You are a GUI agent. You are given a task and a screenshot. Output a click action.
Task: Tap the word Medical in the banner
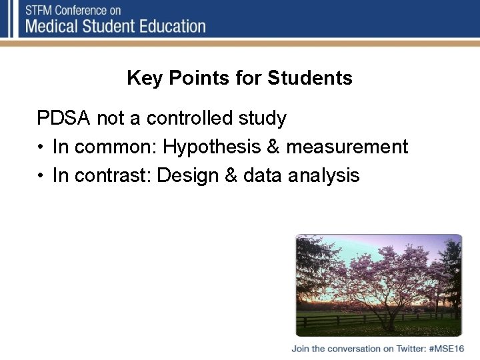point(55,27)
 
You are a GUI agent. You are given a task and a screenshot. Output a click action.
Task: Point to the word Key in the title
point(145,79)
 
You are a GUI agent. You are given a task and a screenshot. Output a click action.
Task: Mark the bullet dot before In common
point(41,147)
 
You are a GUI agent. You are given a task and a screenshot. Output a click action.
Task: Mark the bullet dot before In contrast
point(41,176)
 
